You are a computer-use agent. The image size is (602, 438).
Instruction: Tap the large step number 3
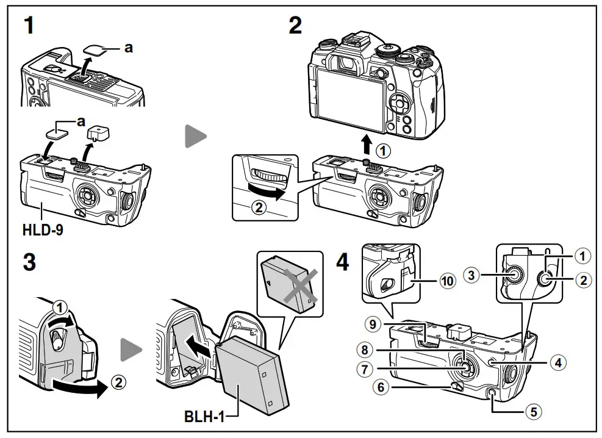(29, 262)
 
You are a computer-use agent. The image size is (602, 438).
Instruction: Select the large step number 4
(343, 262)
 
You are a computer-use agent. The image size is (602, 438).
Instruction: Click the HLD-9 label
(43, 232)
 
